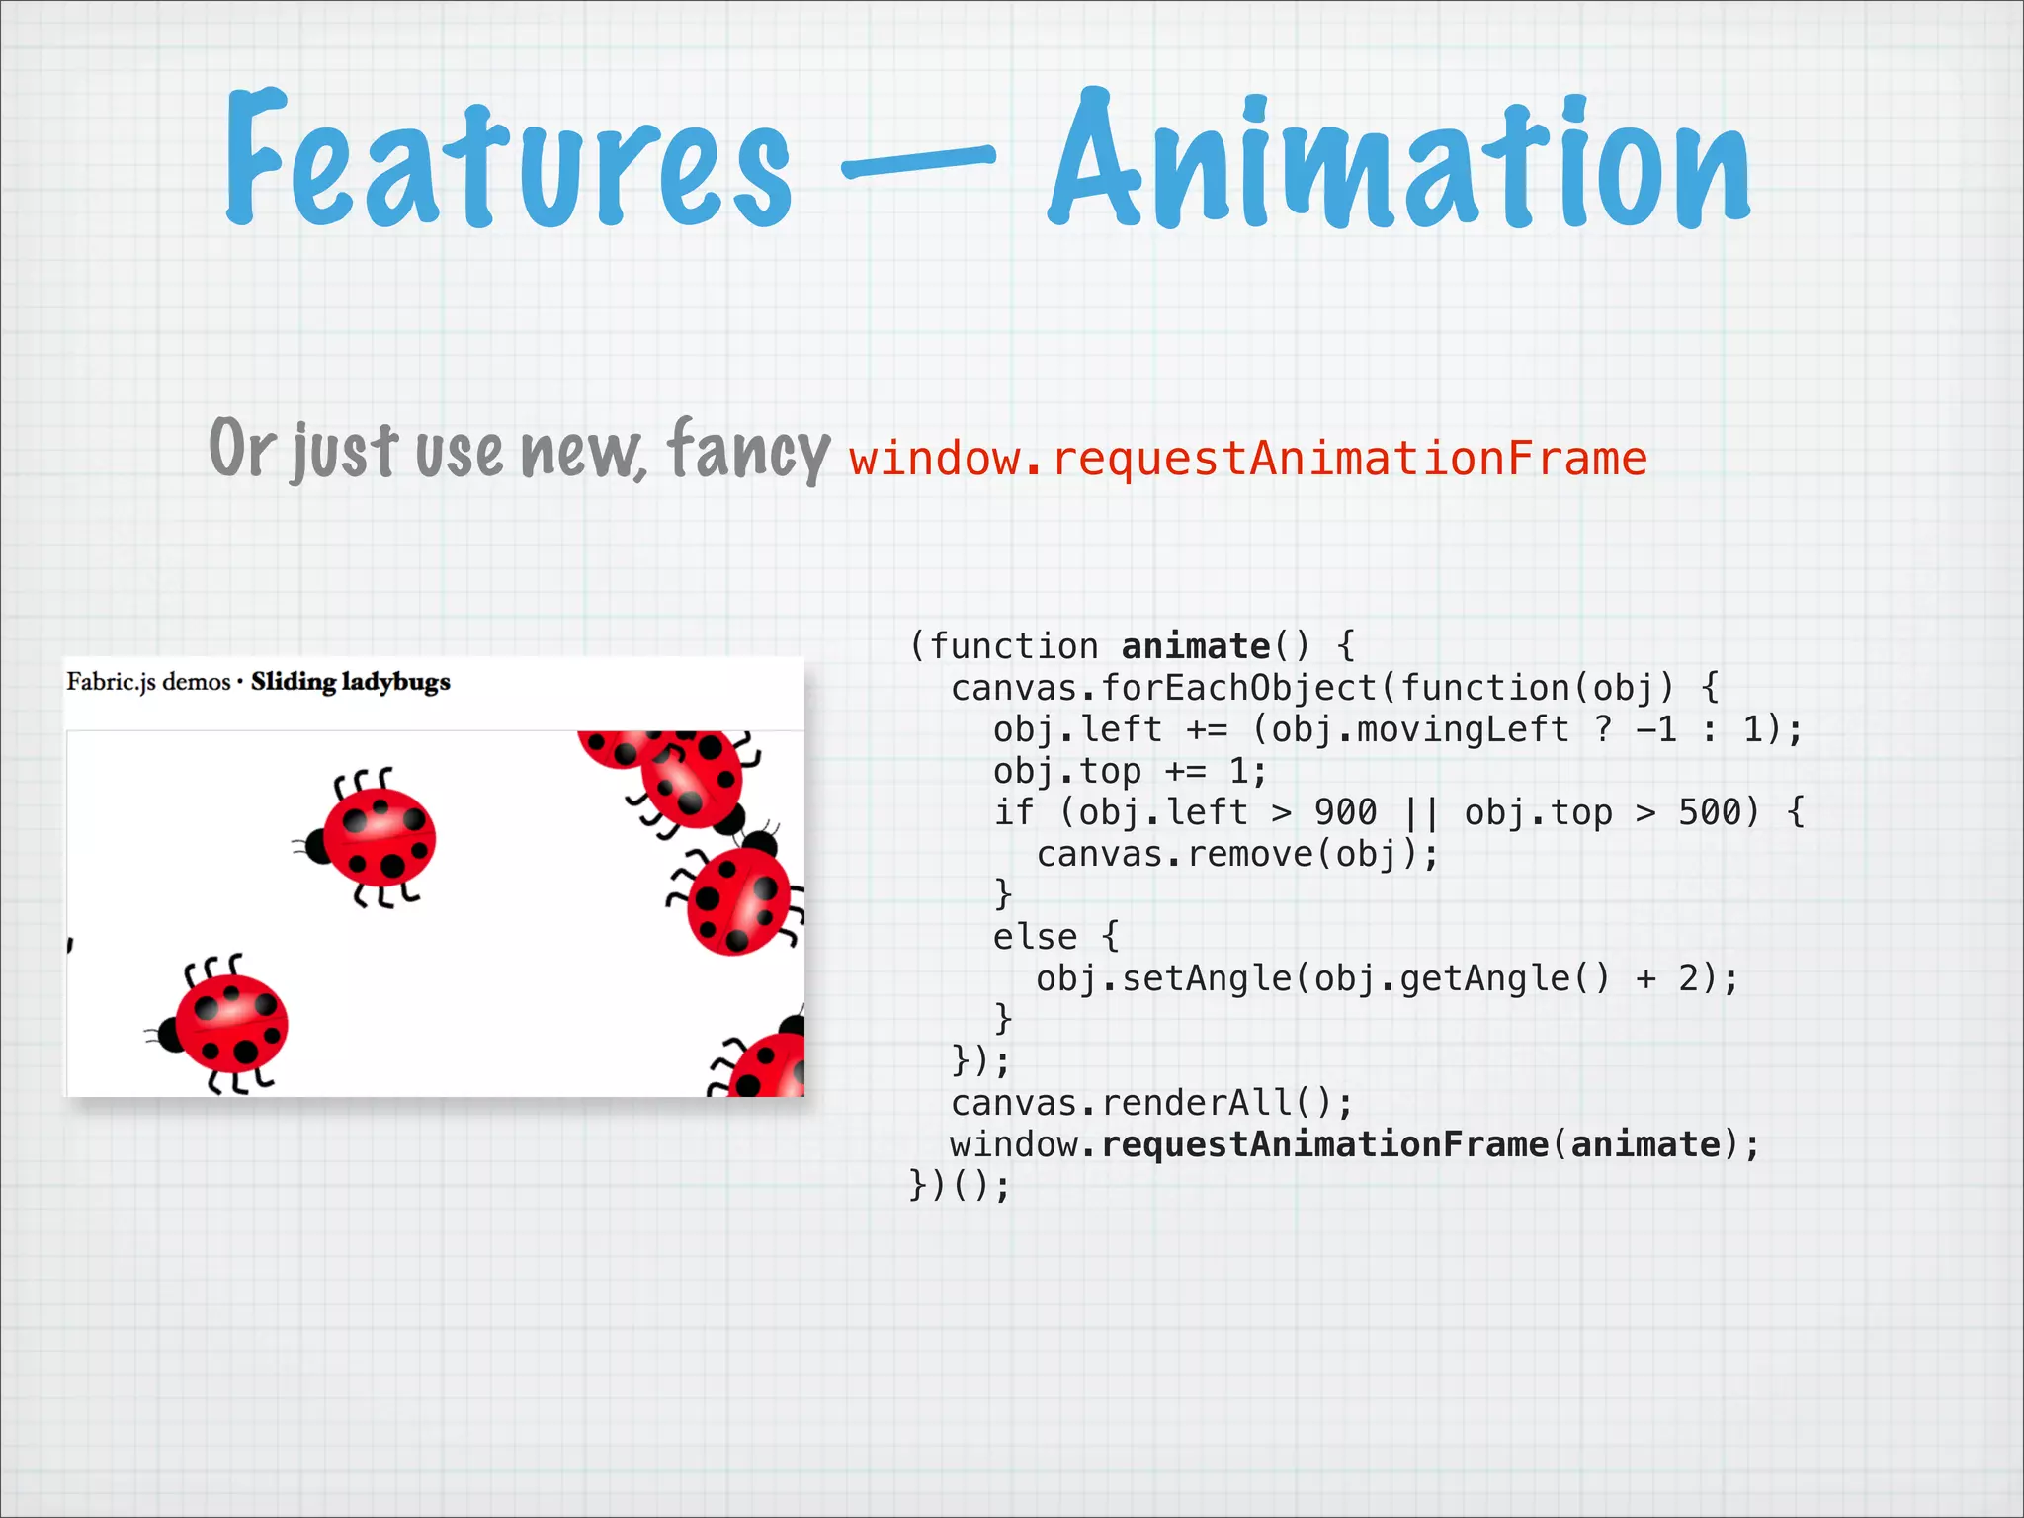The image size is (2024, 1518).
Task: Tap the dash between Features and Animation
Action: (918, 161)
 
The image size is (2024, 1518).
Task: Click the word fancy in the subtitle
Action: (748, 450)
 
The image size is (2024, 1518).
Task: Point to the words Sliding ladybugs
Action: (350, 682)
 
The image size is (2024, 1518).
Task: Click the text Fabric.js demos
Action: (148, 682)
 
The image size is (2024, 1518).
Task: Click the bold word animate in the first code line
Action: (1196, 646)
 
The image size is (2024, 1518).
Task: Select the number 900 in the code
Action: (1345, 812)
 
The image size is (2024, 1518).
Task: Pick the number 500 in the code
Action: (1709, 812)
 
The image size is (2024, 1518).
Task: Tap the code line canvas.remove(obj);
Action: (1236, 854)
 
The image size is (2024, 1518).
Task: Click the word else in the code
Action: (1035, 937)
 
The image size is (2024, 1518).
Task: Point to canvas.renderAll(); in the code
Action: (1150, 1103)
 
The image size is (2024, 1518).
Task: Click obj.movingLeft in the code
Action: (1420, 729)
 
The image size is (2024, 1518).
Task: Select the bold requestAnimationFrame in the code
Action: (1324, 1144)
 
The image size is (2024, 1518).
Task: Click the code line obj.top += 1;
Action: (1129, 771)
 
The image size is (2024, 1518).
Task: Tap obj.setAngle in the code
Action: (1163, 978)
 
